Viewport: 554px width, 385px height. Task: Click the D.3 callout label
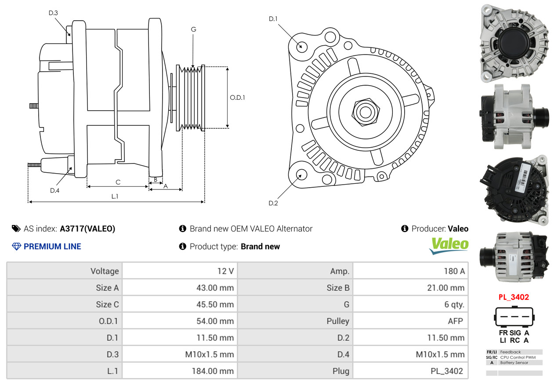click(53, 13)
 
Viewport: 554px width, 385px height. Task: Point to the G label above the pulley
click(193, 29)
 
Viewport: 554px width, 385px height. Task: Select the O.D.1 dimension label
click(237, 98)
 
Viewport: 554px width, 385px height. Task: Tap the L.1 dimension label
click(115, 196)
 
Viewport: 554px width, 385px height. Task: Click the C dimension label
click(118, 182)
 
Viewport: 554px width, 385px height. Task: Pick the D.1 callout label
click(273, 19)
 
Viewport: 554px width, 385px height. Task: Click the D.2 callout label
click(273, 203)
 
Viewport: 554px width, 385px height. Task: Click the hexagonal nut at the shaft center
click(366, 113)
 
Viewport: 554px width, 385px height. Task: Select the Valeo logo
click(449, 246)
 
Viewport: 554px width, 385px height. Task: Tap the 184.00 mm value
click(213, 371)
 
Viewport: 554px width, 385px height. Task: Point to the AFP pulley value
click(455, 321)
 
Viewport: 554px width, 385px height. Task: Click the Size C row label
click(107, 304)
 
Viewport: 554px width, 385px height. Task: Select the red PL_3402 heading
click(514, 297)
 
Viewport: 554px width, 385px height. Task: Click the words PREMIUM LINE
click(52, 247)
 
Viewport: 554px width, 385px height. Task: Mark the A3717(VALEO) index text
click(87, 229)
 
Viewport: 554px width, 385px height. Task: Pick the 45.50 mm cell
click(215, 304)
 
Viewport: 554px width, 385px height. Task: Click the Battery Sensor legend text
click(514, 363)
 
